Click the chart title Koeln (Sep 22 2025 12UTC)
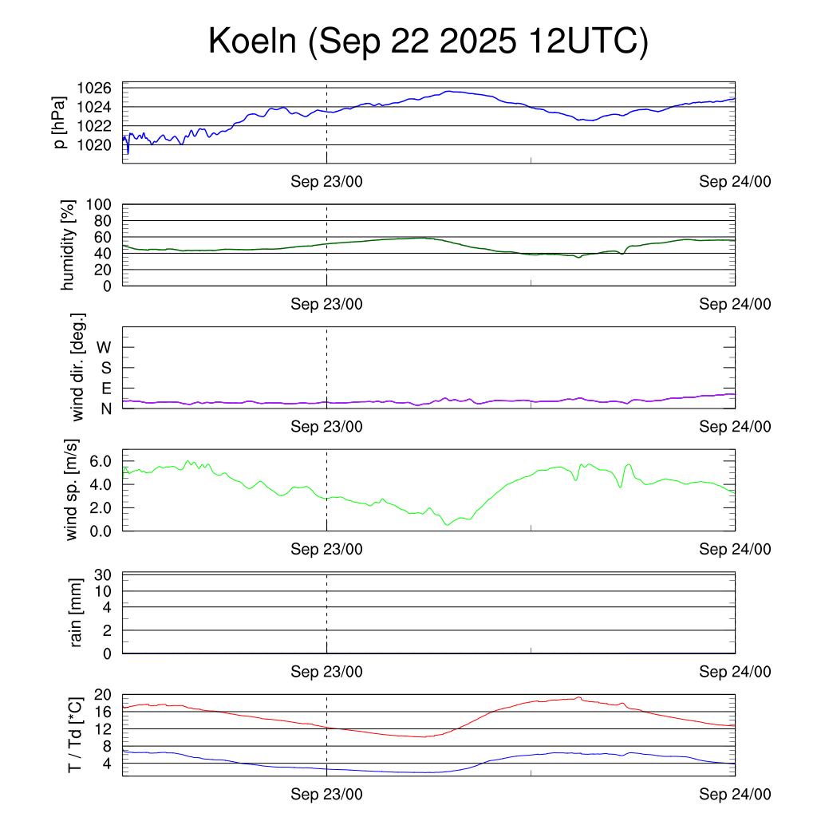point(428,42)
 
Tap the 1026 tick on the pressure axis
point(100,88)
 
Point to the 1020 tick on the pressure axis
point(100,144)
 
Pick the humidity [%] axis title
point(69,245)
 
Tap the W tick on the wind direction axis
point(105,347)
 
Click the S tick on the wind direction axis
point(105,368)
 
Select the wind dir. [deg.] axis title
point(77,367)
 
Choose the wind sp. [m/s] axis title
point(73,490)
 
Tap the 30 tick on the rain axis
point(104,575)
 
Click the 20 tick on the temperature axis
point(104,695)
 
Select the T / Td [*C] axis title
point(73,734)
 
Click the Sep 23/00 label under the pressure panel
point(326,182)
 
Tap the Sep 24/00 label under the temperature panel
point(735,795)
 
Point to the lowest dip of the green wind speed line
point(448,524)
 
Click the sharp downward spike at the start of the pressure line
point(128,152)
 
